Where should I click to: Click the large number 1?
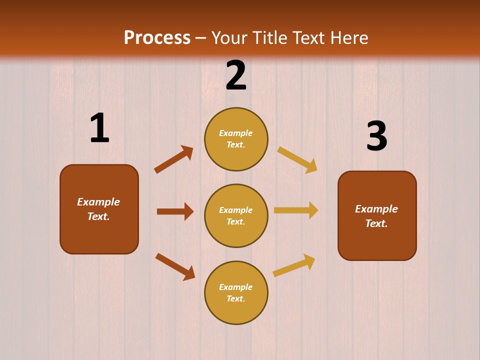click(x=99, y=128)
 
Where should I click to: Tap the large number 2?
click(x=236, y=75)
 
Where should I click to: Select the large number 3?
click(x=376, y=136)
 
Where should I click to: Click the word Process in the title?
click(x=157, y=37)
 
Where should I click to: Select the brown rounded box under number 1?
click(x=99, y=209)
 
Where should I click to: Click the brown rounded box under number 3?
click(x=377, y=215)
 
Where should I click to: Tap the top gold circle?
click(x=236, y=139)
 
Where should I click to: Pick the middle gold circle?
click(x=236, y=215)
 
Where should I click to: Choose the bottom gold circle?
click(x=236, y=292)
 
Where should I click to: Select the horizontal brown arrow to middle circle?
click(x=175, y=211)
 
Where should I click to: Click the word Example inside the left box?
click(x=98, y=202)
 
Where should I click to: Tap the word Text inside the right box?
click(x=376, y=223)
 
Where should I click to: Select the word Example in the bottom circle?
click(x=236, y=287)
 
